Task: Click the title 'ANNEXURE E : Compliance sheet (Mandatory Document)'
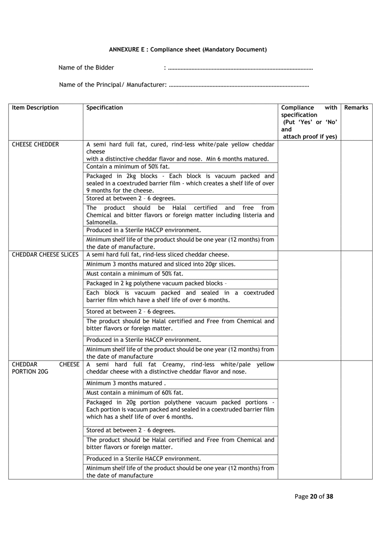[188, 50]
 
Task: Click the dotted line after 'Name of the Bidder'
[241, 68]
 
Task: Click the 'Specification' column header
[104, 108]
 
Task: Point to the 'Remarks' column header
[356, 108]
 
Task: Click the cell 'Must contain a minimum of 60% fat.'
[135, 393]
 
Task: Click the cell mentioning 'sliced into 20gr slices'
[160, 264]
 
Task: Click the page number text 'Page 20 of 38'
[313, 496]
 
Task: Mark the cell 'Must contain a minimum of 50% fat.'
[135, 274]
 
